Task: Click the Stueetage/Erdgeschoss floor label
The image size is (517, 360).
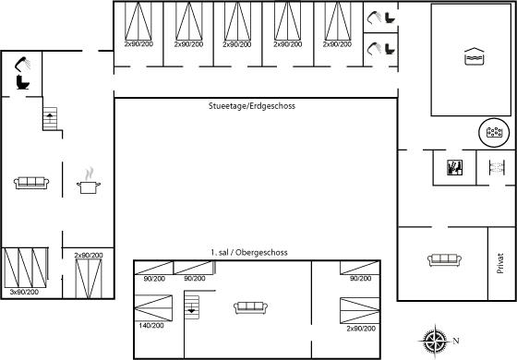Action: tap(251, 106)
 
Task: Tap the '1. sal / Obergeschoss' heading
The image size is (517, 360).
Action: tap(249, 253)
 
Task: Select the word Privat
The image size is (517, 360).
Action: tap(500, 263)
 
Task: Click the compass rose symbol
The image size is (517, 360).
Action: tap(435, 341)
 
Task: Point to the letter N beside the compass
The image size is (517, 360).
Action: tap(456, 341)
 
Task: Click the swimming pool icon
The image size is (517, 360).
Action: tap(474, 56)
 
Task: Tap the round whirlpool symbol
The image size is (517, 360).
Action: tap(494, 132)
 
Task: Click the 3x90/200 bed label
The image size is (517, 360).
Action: tap(24, 292)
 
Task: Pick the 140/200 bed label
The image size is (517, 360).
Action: tap(151, 325)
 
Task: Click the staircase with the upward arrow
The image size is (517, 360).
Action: tap(50, 118)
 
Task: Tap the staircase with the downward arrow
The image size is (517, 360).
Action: tap(192, 307)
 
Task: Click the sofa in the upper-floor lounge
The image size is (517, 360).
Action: tap(250, 307)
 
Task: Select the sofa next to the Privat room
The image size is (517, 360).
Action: tap(444, 259)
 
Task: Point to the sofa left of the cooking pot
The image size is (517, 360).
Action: tap(31, 183)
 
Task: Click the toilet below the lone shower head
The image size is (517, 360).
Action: tap(23, 82)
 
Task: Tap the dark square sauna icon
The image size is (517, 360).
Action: tap(454, 167)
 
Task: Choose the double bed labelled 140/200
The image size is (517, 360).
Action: tap(153, 308)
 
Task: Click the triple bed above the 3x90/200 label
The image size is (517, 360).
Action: tap(26, 268)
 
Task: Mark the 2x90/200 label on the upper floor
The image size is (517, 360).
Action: tap(361, 329)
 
